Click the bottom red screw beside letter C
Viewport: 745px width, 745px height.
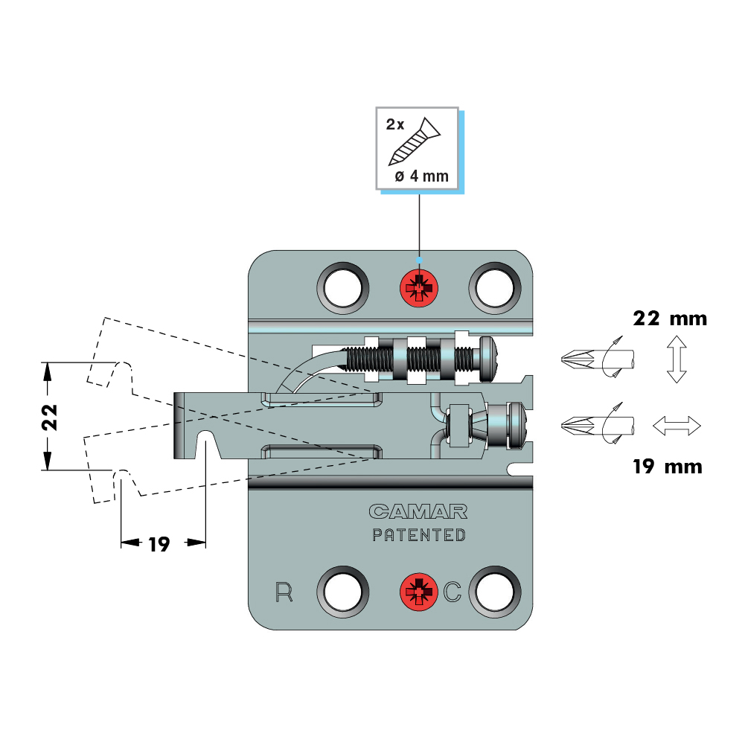[420, 592]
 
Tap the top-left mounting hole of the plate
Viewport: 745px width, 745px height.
[343, 286]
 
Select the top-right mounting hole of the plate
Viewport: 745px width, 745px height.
[494, 286]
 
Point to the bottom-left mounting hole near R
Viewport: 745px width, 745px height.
[343, 592]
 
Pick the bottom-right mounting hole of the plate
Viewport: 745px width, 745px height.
[494, 592]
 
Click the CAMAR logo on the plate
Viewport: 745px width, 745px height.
[418, 511]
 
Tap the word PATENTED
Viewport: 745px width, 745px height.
[419, 534]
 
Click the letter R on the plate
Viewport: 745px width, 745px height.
[284, 592]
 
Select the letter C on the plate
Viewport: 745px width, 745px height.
[453, 592]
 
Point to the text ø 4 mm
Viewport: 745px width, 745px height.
[421, 177]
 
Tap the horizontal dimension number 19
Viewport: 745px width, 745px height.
[159, 544]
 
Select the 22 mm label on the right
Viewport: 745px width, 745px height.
[669, 319]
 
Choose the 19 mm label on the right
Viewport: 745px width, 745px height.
[667, 467]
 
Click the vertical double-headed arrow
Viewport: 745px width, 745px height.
[676, 359]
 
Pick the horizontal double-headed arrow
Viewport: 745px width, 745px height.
[677, 426]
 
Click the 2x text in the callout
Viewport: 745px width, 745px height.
[395, 124]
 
